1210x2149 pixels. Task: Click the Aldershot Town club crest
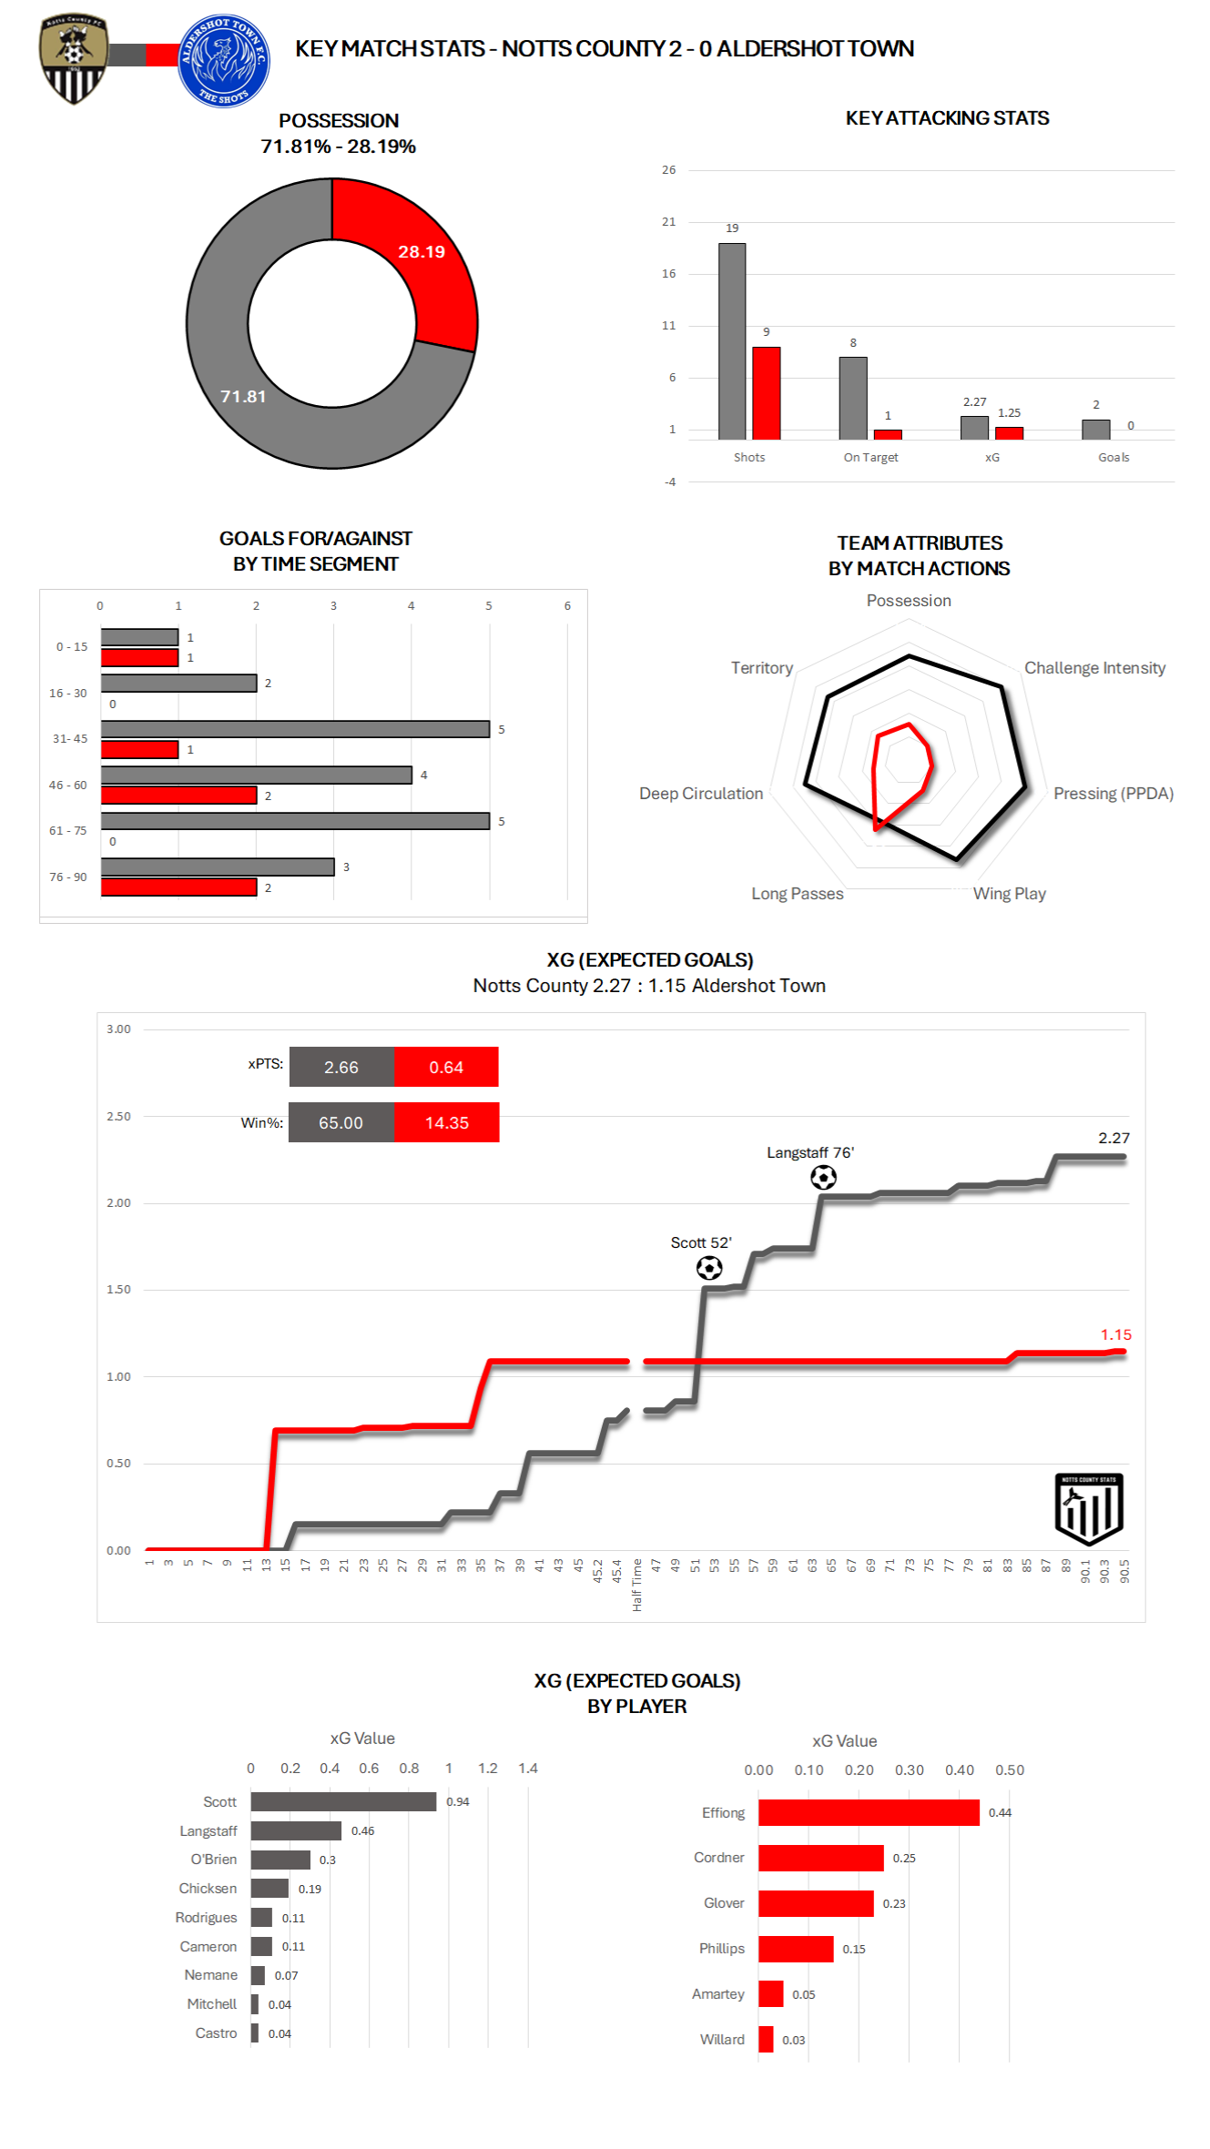(223, 61)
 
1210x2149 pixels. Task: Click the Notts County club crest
(74, 59)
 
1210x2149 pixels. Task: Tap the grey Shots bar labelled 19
(732, 341)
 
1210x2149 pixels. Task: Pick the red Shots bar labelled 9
(767, 392)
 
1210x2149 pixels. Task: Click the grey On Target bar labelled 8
(853, 398)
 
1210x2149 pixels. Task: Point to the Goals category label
(1113, 457)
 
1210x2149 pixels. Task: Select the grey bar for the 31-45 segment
(295, 729)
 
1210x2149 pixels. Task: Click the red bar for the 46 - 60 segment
(178, 796)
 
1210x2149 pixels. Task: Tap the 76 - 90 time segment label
(68, 877)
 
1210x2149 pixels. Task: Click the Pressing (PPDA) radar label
(1113, 794)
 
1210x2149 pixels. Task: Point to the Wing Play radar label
(1009, 894)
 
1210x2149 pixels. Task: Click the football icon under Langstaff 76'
(823, 1178)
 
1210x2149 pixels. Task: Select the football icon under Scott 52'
(709, 1268)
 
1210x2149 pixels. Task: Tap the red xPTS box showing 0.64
(446, 1067)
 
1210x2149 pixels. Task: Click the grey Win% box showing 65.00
(341, 1122)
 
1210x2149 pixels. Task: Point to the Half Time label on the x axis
(636, 1585)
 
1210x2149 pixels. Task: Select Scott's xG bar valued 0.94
(343, 1801)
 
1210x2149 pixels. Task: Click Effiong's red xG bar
(869, 1812)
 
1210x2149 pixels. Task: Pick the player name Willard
(722, 2040)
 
